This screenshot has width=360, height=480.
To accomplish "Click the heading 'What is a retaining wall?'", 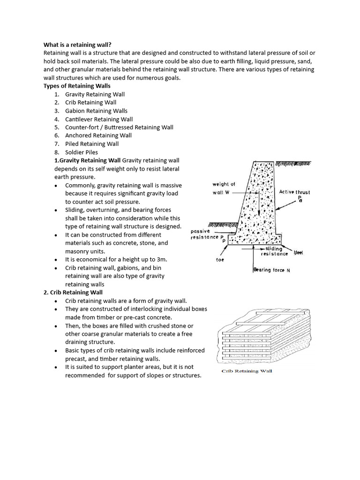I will click(x=77, y=45).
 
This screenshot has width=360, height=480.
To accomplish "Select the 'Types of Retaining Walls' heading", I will click(x=77, y=86).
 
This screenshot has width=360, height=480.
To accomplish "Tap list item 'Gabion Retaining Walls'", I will click(x=96, y=111).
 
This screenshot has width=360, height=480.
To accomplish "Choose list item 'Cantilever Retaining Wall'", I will click(x=99, y=119).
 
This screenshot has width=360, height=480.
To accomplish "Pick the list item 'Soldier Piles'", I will click(x=82, y=152).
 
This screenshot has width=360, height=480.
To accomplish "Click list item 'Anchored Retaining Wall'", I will click(x=98, y=135).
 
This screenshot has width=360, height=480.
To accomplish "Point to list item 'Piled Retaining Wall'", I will click(x=92, y=144).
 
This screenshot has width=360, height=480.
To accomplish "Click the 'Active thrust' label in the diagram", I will click(x=294, y=192).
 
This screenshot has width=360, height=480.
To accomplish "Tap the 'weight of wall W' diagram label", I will click(x=224, y=188).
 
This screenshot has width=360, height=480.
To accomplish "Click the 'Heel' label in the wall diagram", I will click(x=299, y=252).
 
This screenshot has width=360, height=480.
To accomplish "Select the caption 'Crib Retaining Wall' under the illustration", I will click(x=247, y=371).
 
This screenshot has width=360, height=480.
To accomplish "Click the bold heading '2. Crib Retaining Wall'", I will click(x=73, y=292).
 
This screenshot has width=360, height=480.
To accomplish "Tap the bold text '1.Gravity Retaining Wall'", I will click(x=88, y=160).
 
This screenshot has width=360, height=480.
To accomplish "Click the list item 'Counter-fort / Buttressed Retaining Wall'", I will click(x=119, y=127).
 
